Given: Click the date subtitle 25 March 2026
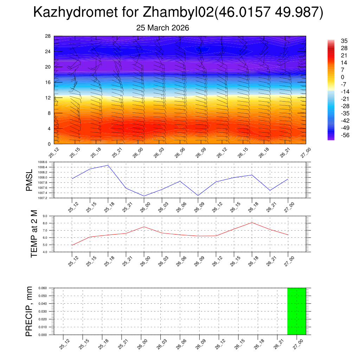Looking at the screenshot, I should (x=162, y=28).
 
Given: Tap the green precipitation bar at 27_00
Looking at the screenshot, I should (x=296, y=311).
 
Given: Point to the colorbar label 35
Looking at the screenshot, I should (x=344, y=41).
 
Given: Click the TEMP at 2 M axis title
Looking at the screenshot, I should (x=34, y=234).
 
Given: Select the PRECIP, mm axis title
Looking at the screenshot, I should (x=30, y=311).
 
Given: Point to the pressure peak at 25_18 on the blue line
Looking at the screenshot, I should (x=108, y=165).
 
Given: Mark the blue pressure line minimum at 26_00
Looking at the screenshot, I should (x=144, y=196).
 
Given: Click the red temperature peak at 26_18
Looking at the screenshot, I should (x=252, y=223).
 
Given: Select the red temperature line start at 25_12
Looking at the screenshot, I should (x=72, y=245).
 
